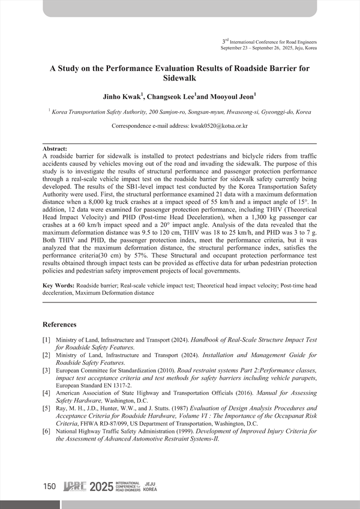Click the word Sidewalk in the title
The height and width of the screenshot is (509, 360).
(x=179, y=78)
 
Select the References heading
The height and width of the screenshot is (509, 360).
(x=64, y=325)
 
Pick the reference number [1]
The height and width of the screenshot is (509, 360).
(x=46, y=340)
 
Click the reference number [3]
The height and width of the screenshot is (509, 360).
(x=46, y=371)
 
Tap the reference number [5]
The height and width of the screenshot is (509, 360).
(x=46, y=408)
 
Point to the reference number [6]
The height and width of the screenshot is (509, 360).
(x=46, y=431)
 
